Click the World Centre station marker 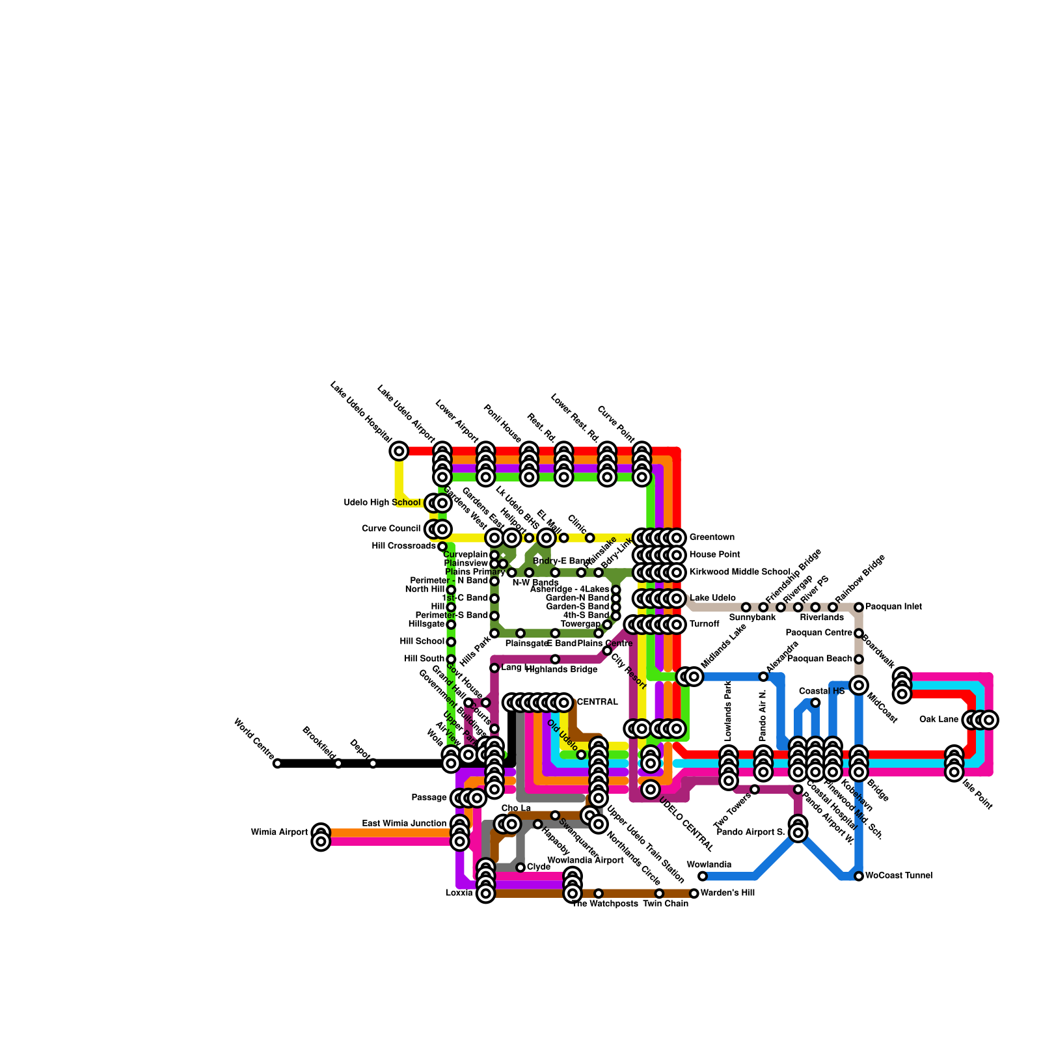277,763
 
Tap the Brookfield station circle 338,763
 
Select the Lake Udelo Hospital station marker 399,451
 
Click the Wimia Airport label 279,832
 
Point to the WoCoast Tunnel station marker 859,876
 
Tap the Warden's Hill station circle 694,893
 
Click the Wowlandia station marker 703,876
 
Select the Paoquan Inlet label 893,607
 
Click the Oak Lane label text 939,720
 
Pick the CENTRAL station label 597,702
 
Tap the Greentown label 712,537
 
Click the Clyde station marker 520,867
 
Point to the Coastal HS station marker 815,703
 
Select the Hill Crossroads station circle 442,547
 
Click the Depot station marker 373,763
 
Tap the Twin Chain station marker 659,893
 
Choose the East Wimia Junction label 404,824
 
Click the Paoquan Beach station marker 859,659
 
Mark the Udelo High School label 382,503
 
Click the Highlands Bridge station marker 555,659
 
